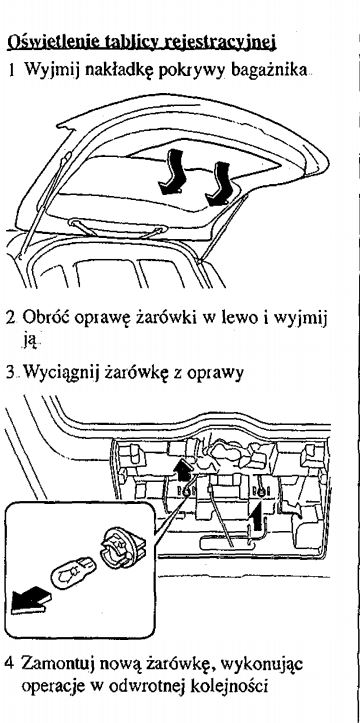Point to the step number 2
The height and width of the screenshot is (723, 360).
[10, 319]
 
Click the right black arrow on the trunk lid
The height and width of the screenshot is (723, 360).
[218, 184]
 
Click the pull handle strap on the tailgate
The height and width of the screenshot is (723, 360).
[117, 227]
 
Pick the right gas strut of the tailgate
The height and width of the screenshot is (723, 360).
[221, 229]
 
